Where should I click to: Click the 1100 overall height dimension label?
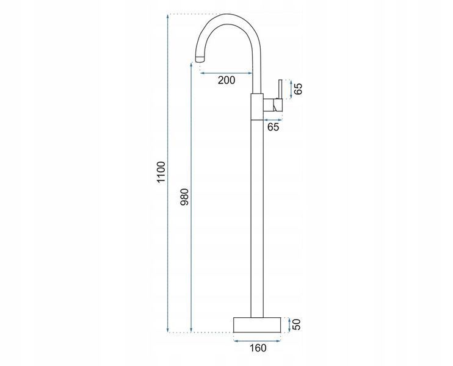pos(161,172)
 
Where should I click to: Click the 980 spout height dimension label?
pos(184,197)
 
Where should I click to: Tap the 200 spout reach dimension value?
pos(227,81)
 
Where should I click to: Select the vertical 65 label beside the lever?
pos(298,88)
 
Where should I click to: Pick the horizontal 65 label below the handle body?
pos(273,127)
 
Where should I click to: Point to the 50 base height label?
pos(297,325)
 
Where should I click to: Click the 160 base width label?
pos(258,348)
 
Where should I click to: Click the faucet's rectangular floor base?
pos(257,325)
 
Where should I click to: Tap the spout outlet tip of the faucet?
pos(200,59)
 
